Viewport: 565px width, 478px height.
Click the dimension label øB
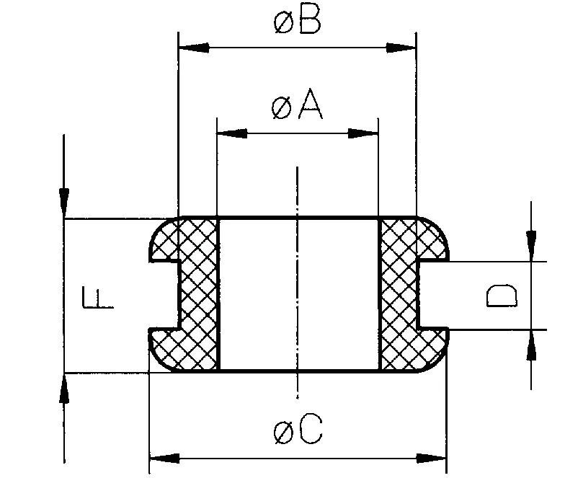tap(297, 22)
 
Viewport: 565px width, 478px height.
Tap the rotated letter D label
tap(501, 296)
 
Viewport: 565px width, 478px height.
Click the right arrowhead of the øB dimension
tap(401, 48)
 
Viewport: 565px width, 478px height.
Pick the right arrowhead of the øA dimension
tap(363, 133)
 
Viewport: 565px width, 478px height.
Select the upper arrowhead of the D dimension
tap(531, 242)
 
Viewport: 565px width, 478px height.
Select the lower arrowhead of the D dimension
tap(531, 348)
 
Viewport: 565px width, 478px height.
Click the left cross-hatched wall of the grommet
tap(198, 296)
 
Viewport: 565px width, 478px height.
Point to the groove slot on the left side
tap(164, 296)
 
